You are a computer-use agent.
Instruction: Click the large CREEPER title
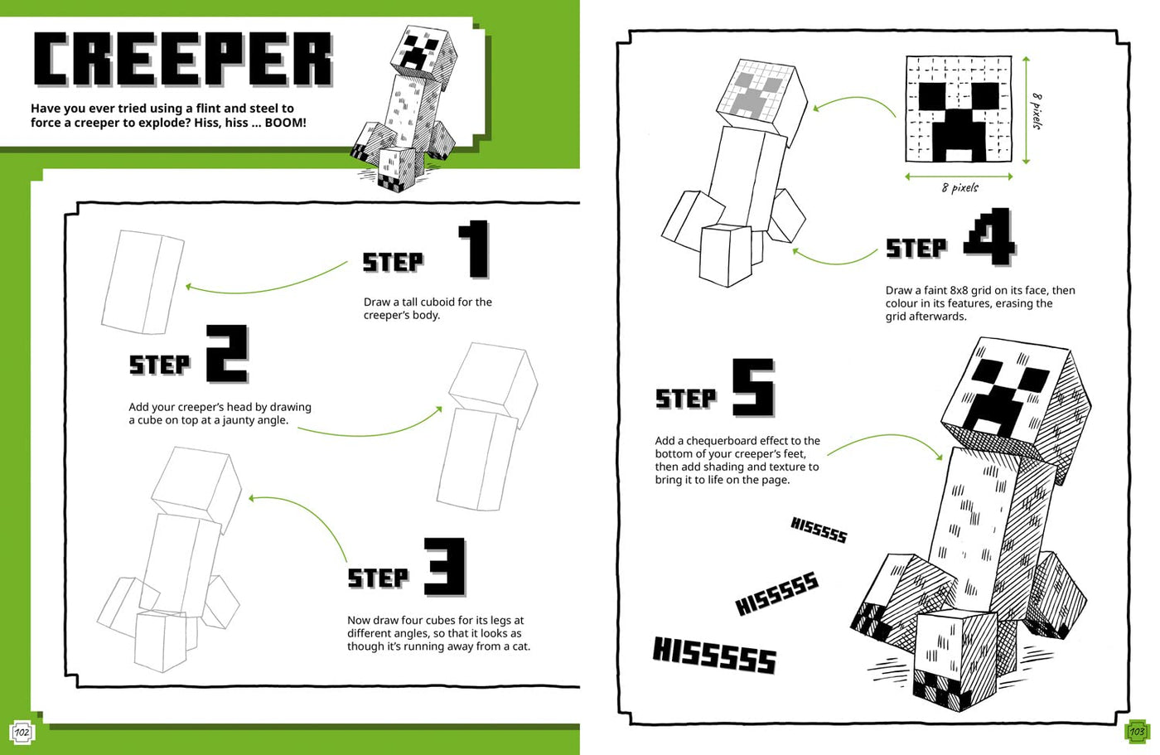[x=182, y=60]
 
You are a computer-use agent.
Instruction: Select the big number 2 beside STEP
[x=226, y=354]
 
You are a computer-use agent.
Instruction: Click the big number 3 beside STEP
[x=446, y=567]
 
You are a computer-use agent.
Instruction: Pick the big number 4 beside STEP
[x=990, y=237]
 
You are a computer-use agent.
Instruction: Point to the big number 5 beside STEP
[x=752, y=387]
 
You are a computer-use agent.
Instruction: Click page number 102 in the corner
[x=22, y=732]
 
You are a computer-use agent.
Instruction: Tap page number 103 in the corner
[x=1137, y=732]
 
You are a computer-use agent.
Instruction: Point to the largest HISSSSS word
[x=714, y=655]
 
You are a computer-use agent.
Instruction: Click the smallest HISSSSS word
[x=819, y=530]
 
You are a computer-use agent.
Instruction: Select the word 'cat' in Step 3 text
[x=520, y=646]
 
